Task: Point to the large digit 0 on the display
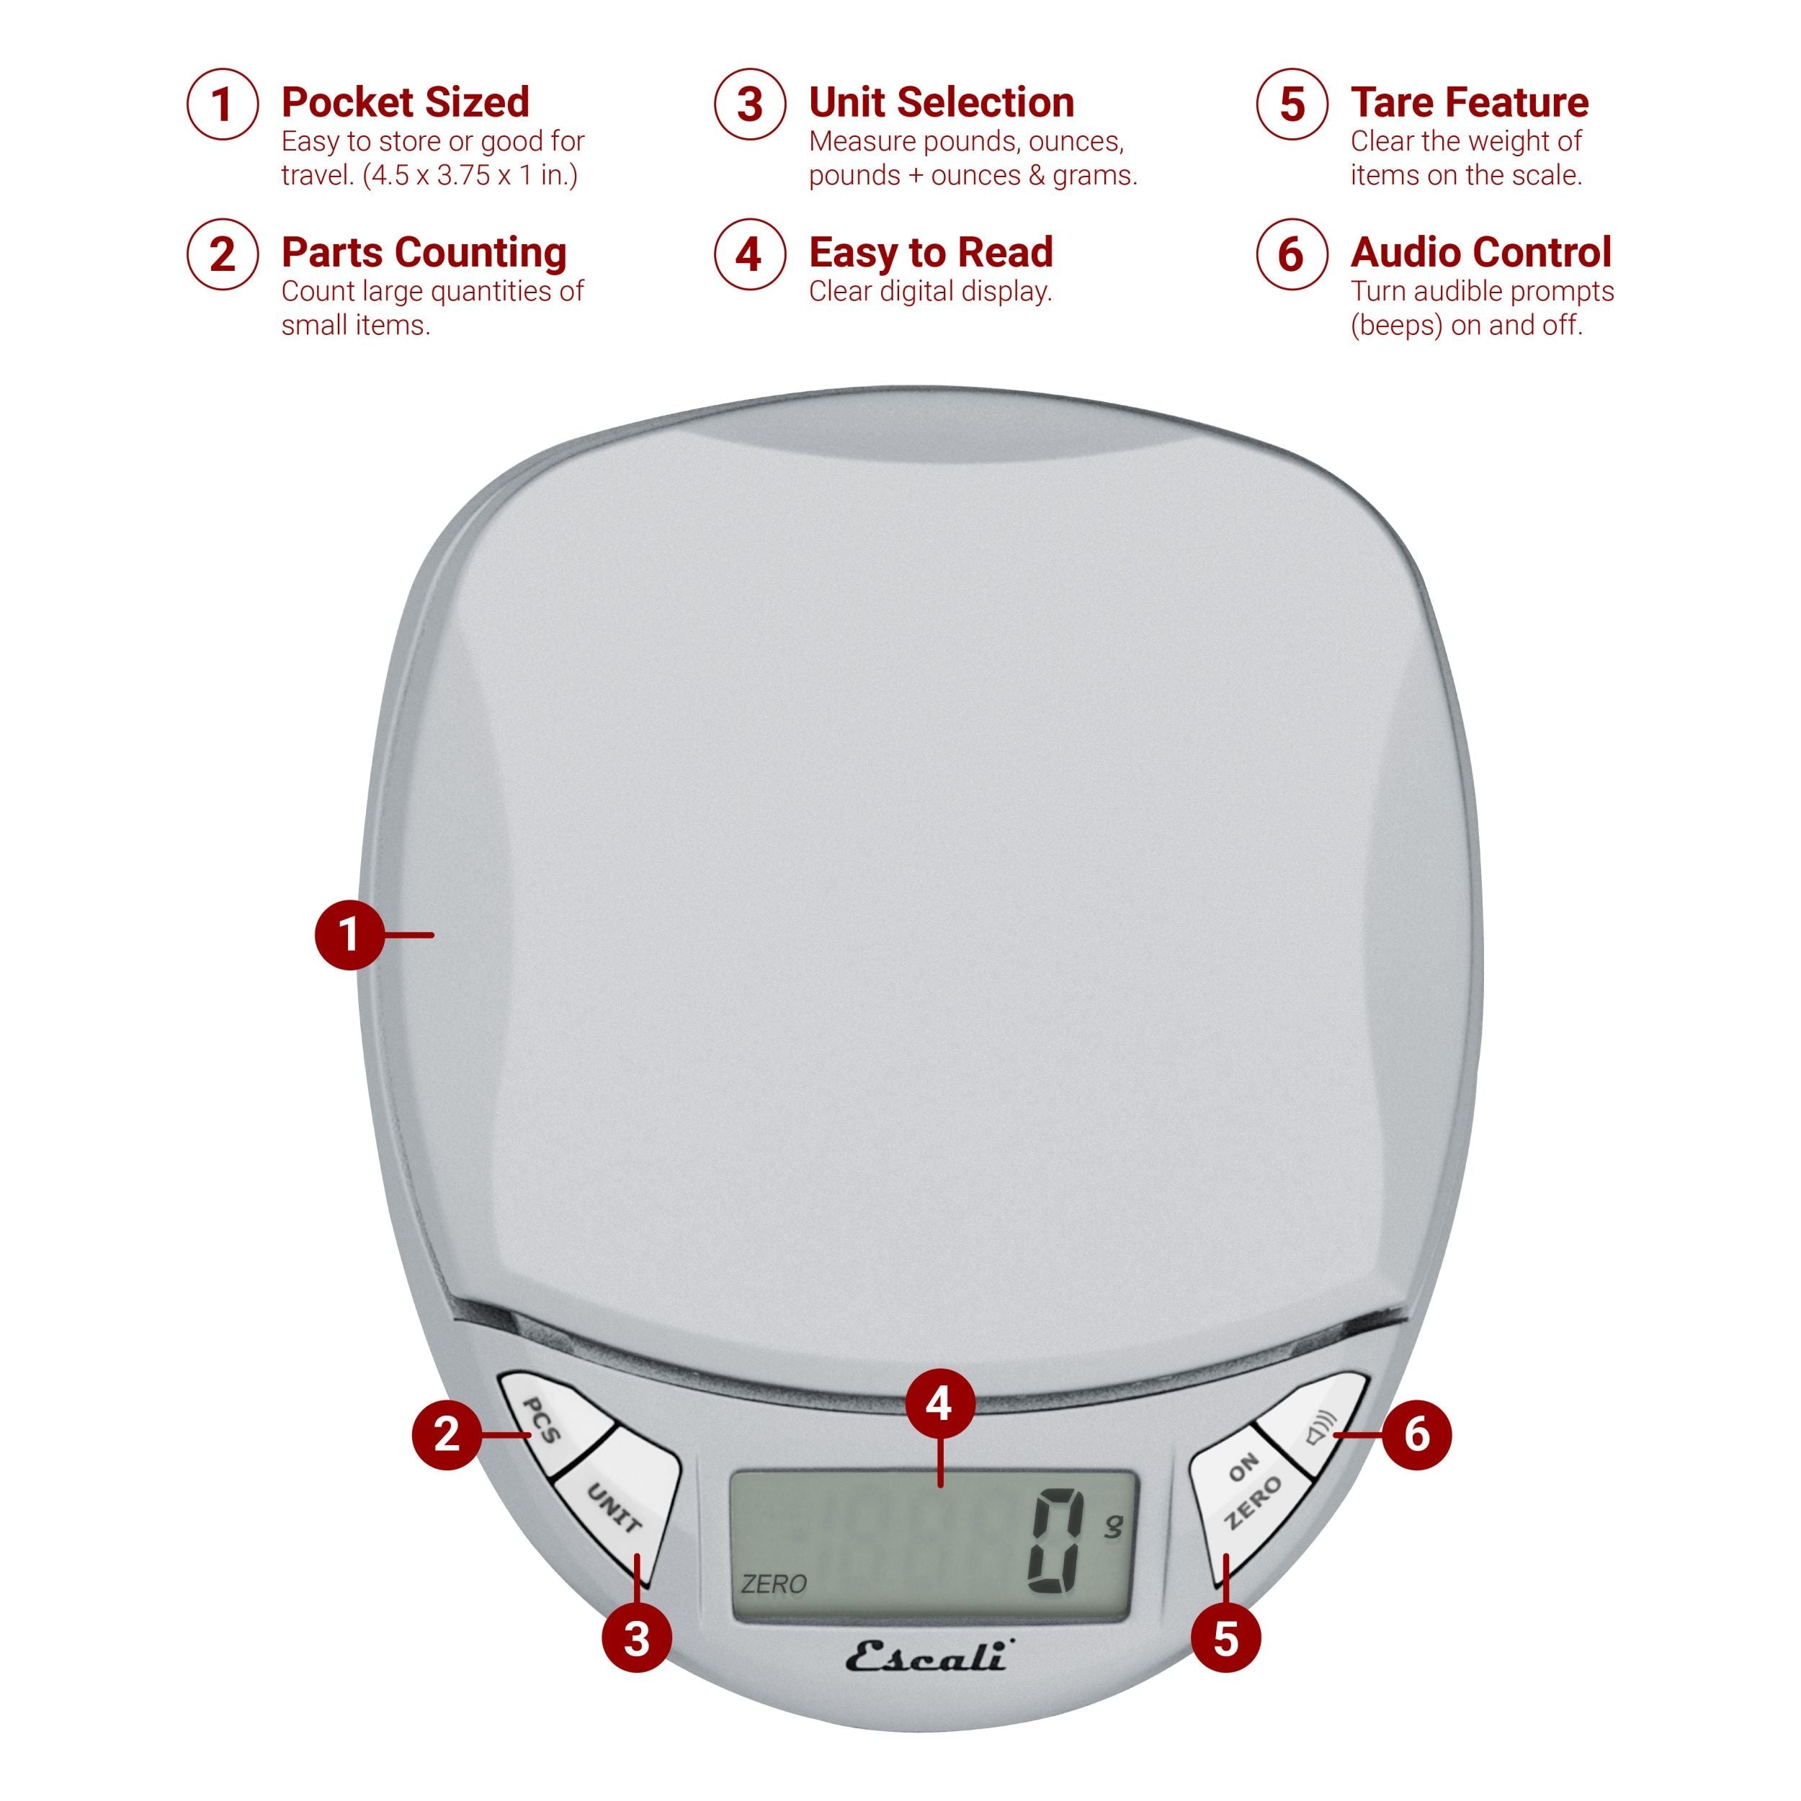coord(1056,1542)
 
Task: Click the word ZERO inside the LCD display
coord(774,1583)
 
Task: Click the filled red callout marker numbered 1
coord(349,933)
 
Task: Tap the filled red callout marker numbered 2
coord(447,1433)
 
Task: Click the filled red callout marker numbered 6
coord(1416,1433)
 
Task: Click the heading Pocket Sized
coord(406,102)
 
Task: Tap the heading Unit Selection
coord(942,102)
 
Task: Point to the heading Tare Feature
coord(1469,102)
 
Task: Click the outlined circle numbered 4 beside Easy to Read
coord(749,254)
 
